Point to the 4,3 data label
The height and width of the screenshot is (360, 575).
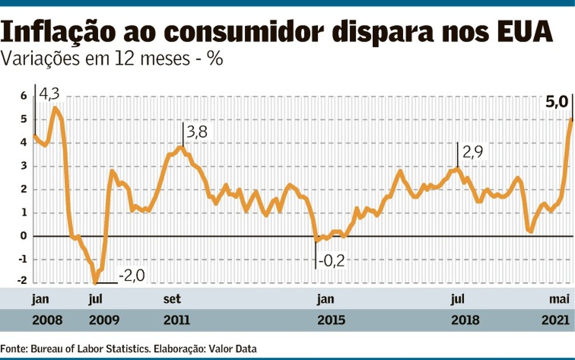(x=49, y=94)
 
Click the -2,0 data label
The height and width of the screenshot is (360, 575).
(x=131, y=275)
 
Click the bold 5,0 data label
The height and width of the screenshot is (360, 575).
(x=557, y=103)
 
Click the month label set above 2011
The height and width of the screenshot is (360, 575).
(x=172, y=299)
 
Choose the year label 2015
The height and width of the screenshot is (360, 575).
(x=331, y=320)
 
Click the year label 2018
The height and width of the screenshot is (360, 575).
(x=465, y=320)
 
